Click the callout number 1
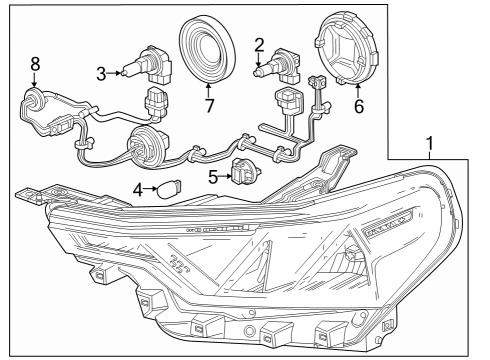(430, 145)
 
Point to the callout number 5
(211, 177)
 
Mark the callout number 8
(35, 64)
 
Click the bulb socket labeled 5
(244, 172)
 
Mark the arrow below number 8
(35, 79)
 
